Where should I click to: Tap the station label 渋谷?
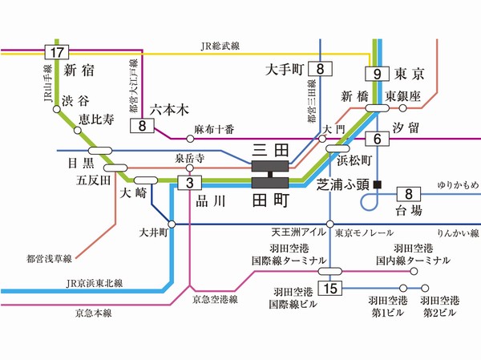[79, 101]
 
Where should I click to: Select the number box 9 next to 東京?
[376, 75]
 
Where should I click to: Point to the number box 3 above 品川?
[189, 183]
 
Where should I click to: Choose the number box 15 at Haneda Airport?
[329, 288]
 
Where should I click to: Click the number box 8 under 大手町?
[321, 69]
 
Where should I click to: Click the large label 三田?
[269, 150]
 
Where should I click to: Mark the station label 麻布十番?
[212, 128]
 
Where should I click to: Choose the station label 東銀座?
[401, 95]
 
